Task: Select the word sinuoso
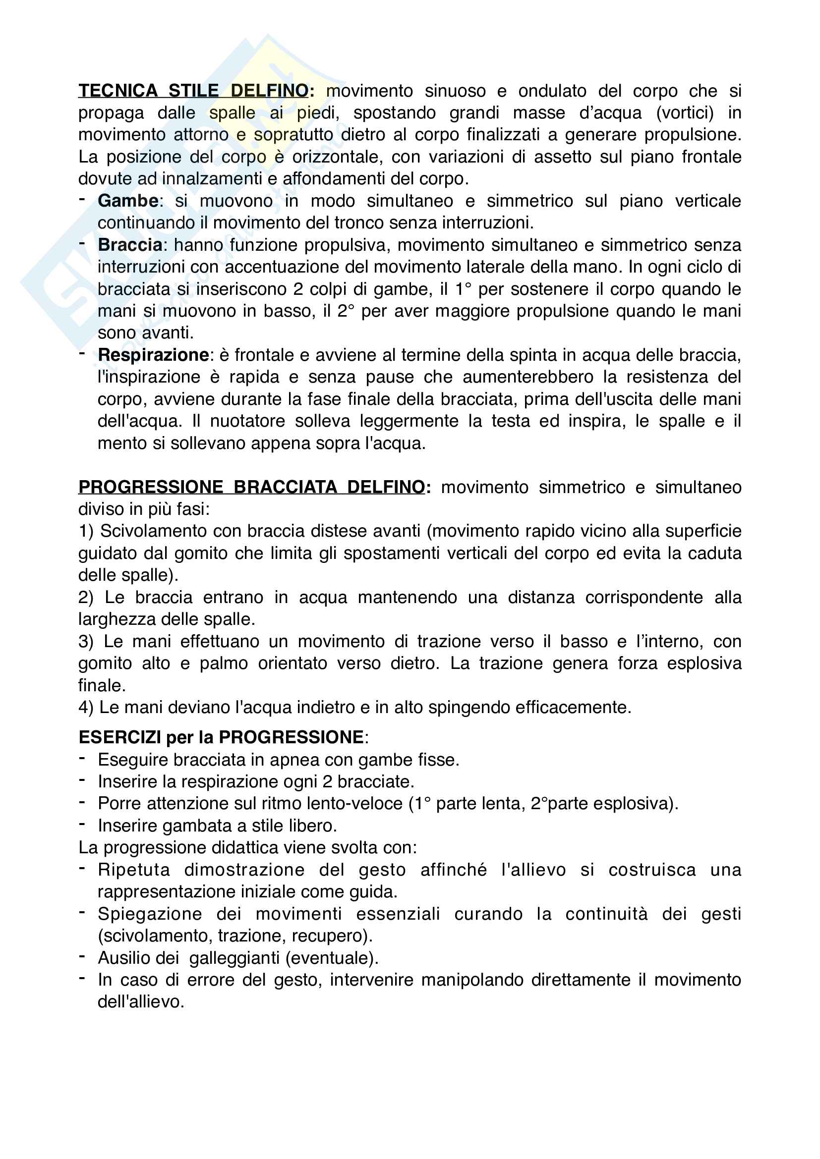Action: pyautogui.click(x=455, y=91)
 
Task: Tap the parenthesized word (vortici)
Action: pyautogui.click(x=685, y=112)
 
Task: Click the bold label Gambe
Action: pyautogui.click(x=128, y=201)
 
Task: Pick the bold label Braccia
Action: pyautogui.click(x=130, y=245)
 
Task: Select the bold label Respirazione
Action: pyautogui.click(x=154, y=355)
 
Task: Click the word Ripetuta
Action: pyautogui.click(x=134, y=870)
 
